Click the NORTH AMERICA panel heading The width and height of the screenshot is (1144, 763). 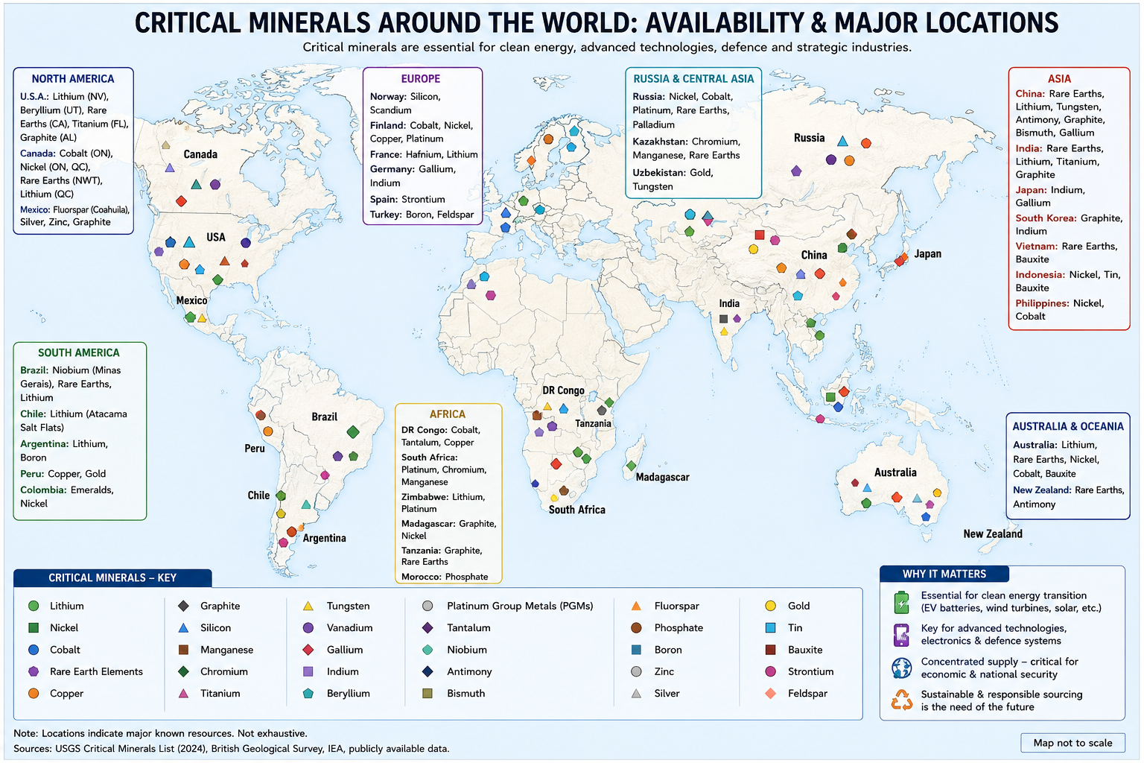pyautogui.click(x=73, y=79)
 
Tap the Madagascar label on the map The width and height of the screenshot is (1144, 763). pyautogui.click(x=662, y=477)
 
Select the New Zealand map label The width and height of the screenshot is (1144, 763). pyautogui.click(x=993, y=534)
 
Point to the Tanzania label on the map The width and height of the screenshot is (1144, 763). pyautogui.click(x=593, y=423)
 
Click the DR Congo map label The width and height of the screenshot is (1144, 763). pyautogui.click(x=563, y=390)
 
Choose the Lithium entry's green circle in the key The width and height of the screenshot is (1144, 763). pyautogui.click(x=34, y=606)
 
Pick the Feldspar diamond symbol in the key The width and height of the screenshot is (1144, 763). pyautogui.click(x=771, y=693)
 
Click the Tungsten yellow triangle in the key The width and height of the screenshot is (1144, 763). pyautogui.click(x=308, y=606)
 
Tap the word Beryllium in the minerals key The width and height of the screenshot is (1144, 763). pyautogui.click(x=349, y=693)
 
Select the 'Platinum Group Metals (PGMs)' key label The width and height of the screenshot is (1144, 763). pyautogui.click(x=520, y=606)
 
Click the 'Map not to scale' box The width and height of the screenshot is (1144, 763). pyautogui.click(x=1072, y=743)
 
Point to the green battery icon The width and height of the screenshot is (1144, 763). pyautogui.click(x=902, y=602)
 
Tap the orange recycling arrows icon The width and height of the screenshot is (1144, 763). pyautogui.click(x=902, y=700)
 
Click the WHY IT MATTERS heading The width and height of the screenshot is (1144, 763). pyautogui.click(x=944, y=574)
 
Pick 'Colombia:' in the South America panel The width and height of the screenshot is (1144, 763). pyautogui.click(x=43, y=490)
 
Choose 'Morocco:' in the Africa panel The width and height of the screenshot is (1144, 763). pyautogui.click(x=422, y=577)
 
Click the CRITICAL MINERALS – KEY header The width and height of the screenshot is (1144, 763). pyautogui.click(x=112, y=577)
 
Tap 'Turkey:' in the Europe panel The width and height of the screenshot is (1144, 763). pyautogui.click(x=386, y=214)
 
